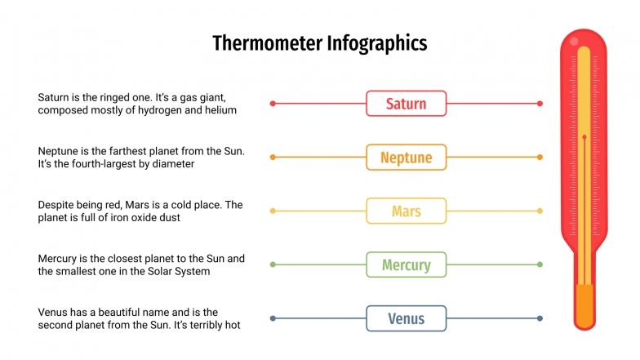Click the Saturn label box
(406, 104)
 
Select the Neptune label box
(406, 157)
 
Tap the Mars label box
(406, 211)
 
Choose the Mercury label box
(406, 264)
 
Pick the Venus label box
(406, 318)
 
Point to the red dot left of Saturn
(273, 104)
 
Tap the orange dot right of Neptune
(540, 157)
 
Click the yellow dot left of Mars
(273, 211)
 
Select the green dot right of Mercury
(540, 264)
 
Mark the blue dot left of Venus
(273, 318)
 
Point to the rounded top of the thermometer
(584, 39)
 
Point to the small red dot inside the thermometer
(584, 136)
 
